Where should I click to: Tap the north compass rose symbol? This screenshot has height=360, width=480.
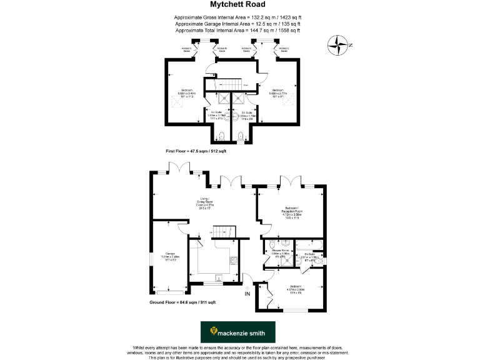[339, 44]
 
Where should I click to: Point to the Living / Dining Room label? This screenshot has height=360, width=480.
[206, 202]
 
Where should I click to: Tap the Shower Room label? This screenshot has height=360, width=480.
[281, 251]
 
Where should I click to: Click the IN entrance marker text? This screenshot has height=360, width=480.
[247, 293]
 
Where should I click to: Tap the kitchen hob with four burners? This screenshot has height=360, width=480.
[233, 263]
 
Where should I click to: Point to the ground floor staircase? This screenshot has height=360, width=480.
[222, 230]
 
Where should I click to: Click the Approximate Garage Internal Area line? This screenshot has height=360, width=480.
[237, 23]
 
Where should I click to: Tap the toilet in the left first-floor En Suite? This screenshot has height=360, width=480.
[221, 137]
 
